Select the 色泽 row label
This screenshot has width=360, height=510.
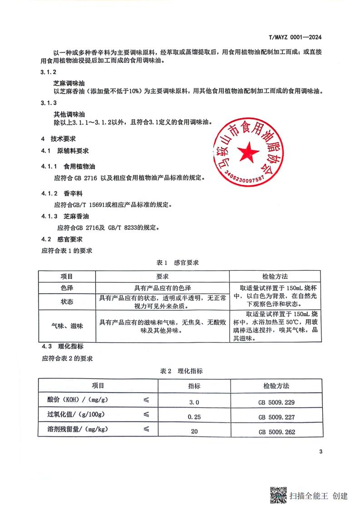click(x=67, y=287)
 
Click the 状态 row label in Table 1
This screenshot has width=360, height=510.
click(x=67, y=302)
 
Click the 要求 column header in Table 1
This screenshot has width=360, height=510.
click(x=163, y=276)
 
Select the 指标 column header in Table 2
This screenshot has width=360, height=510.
click(x=194, y=386)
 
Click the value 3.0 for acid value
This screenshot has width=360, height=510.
click(x=194, y=402)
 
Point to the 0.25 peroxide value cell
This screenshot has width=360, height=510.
click(x=194, y=416)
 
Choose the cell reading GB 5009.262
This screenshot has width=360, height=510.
click(x=276, y=431)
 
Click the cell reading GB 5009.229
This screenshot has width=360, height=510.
click(x=276, y=402)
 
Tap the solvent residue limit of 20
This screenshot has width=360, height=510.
click(x=194, y=431)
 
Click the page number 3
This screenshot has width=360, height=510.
click(x=321, y=451)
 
